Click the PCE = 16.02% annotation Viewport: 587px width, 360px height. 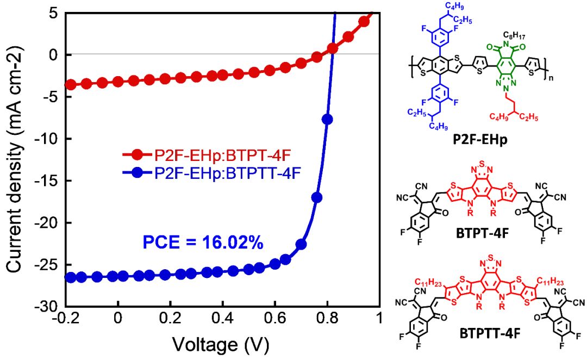click(x=203, y=242)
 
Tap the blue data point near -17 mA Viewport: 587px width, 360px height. click(x=317, y=197)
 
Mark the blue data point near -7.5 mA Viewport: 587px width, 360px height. click(x=327, y=120)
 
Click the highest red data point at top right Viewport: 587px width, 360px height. click(x=365, y=21)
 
